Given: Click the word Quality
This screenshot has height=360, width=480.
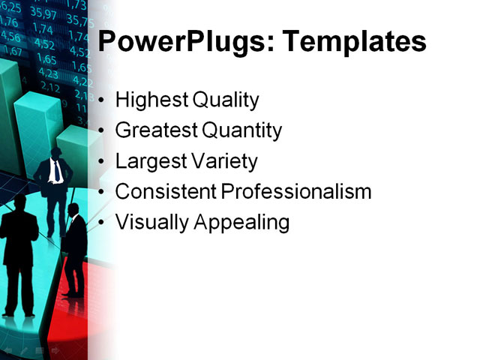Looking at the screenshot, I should tap(226, 100).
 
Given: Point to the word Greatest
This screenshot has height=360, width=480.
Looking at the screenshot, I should tap(156, 130).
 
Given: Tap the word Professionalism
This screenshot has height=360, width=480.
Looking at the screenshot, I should tap(298, 191).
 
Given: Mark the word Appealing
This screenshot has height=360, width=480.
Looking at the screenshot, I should tap(239, 223).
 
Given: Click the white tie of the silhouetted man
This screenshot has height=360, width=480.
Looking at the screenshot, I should tap(57, 172).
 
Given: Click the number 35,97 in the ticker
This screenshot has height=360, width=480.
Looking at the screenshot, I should tap(43, 13).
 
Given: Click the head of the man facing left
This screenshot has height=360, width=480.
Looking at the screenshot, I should tap(73, 209).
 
